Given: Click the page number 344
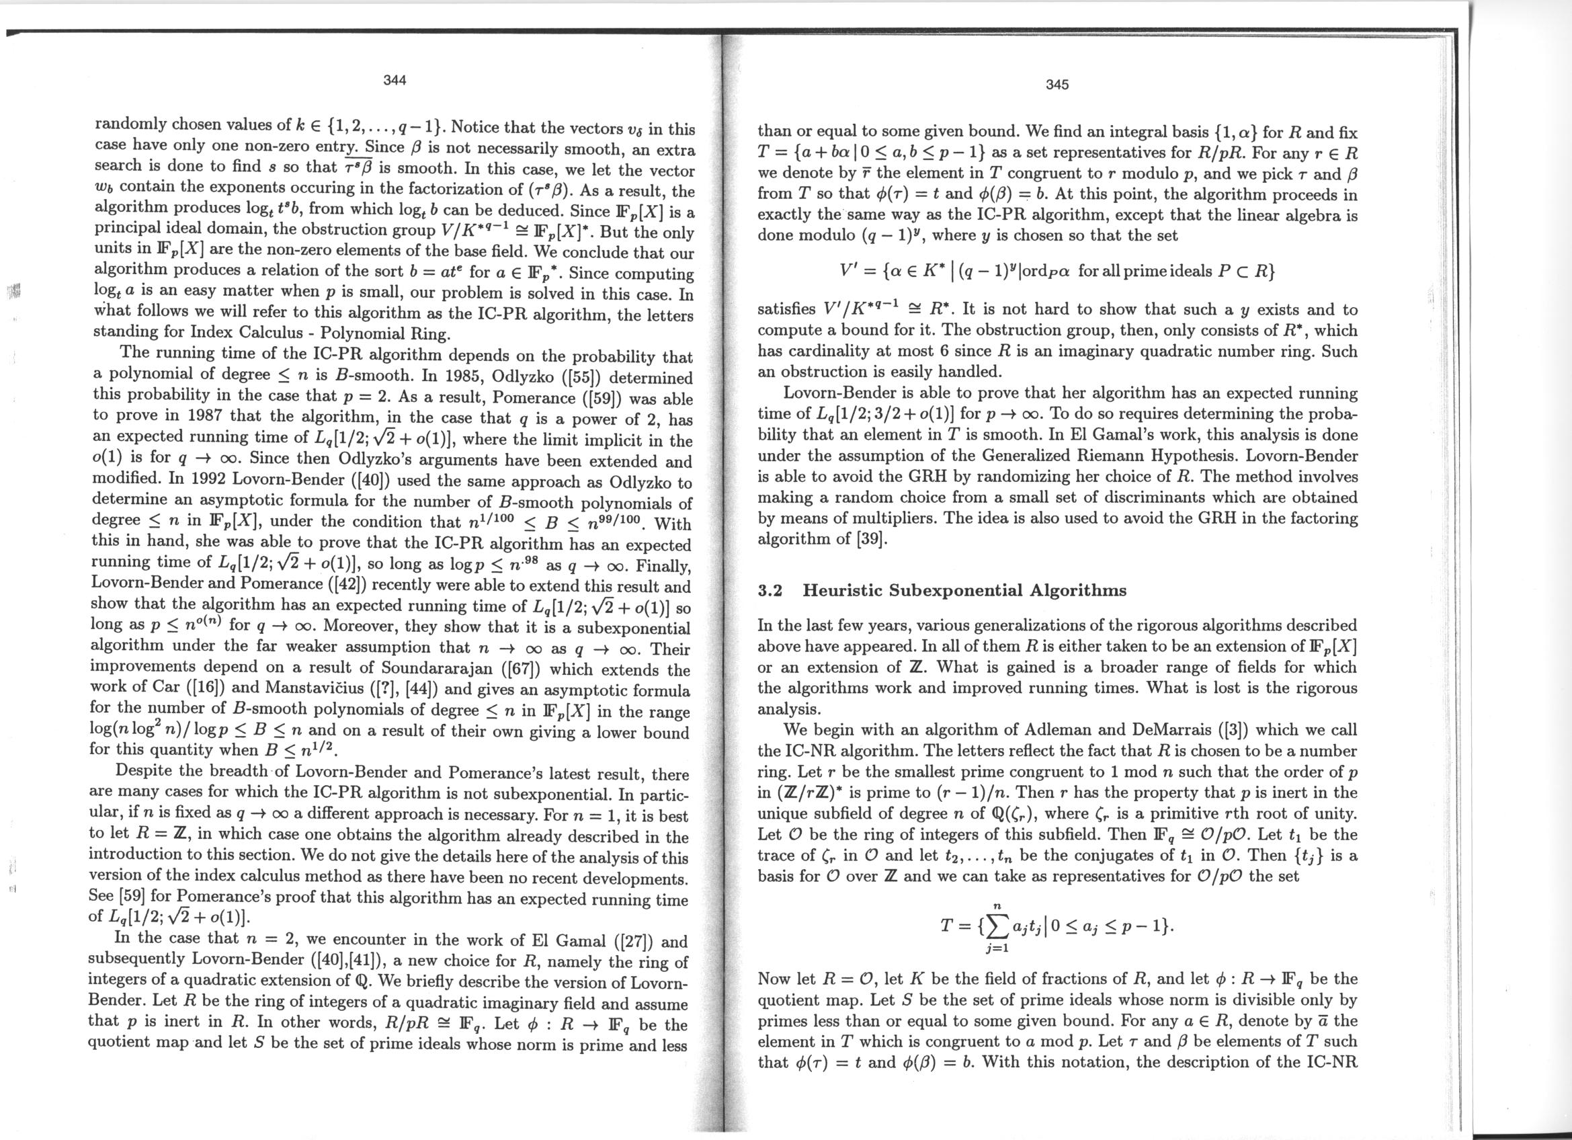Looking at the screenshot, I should [x=395, y=80].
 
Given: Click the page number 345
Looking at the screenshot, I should [x=1058, y=85].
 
